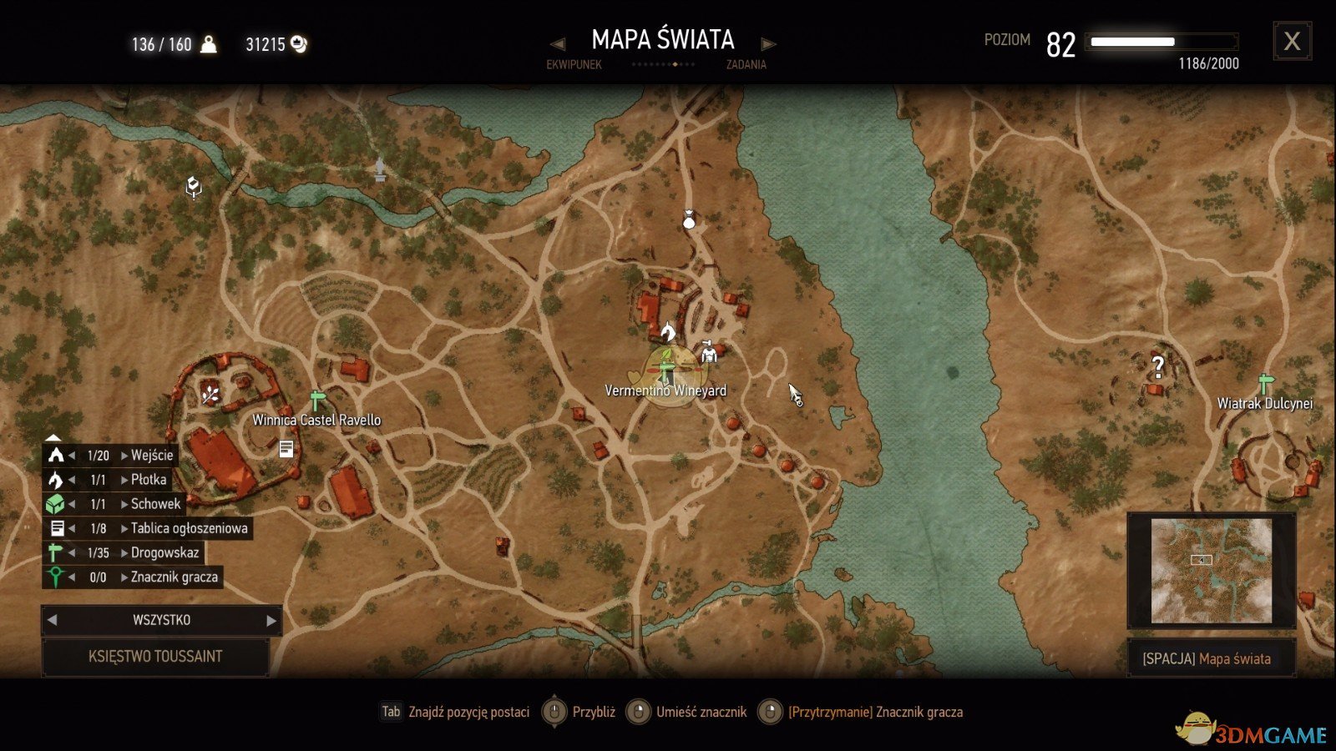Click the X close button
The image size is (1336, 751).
[1292, 41]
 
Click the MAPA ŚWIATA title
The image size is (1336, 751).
[662, 39]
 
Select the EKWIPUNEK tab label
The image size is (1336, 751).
[574, 64]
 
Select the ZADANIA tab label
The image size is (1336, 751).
[746, 64]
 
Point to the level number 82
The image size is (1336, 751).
[1060, 45]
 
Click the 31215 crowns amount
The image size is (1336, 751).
[265, 44]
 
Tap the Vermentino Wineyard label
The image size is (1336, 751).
[665, 391]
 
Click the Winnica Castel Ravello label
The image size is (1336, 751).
[316, 420]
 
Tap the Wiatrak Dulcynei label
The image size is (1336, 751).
[1264, 403]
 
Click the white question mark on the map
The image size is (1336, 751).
[1157, 365]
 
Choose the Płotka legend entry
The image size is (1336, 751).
[149, 480]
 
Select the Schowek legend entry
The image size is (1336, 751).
[155, 504]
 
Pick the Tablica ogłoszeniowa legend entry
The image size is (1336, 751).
[189, 528]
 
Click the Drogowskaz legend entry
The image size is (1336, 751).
[164, 552]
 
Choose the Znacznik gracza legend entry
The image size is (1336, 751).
[174, 577]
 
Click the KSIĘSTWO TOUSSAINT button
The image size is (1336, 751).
[155, 657]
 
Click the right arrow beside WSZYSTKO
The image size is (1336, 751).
[271, 620]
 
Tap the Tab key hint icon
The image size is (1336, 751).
[391, 712]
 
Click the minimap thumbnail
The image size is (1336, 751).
[1211, 571]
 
